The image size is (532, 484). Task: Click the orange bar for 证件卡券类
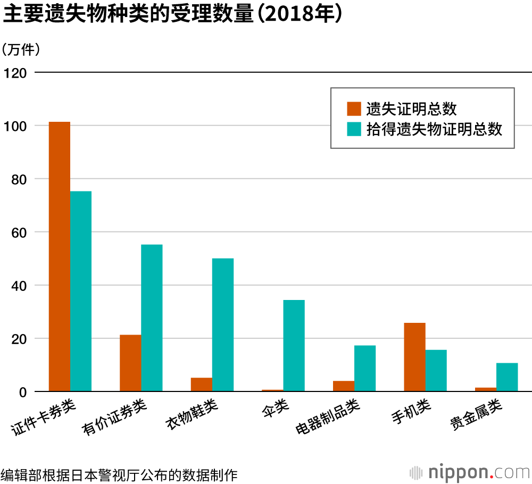tap(60, 257)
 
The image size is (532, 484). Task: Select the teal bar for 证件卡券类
tap(81, 291)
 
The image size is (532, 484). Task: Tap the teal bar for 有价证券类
tap(152, 318)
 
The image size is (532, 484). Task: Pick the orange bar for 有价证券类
tap(130, 363)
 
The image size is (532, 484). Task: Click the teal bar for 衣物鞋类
tap(223, 325)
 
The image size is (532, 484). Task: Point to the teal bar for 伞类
tap(294, 346)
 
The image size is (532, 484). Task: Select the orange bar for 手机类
tap(414, 357)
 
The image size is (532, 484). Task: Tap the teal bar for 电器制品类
tap(365, 369)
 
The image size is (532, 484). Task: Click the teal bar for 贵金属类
tap(507, 377)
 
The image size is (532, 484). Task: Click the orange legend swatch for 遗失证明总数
tap(354, 109)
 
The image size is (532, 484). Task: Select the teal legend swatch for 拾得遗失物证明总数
tap(354, 129)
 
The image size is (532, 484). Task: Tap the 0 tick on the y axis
tap(23, 393)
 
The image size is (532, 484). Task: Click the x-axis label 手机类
tap(411, 413)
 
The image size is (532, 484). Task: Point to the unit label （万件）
tap(21, 50)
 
